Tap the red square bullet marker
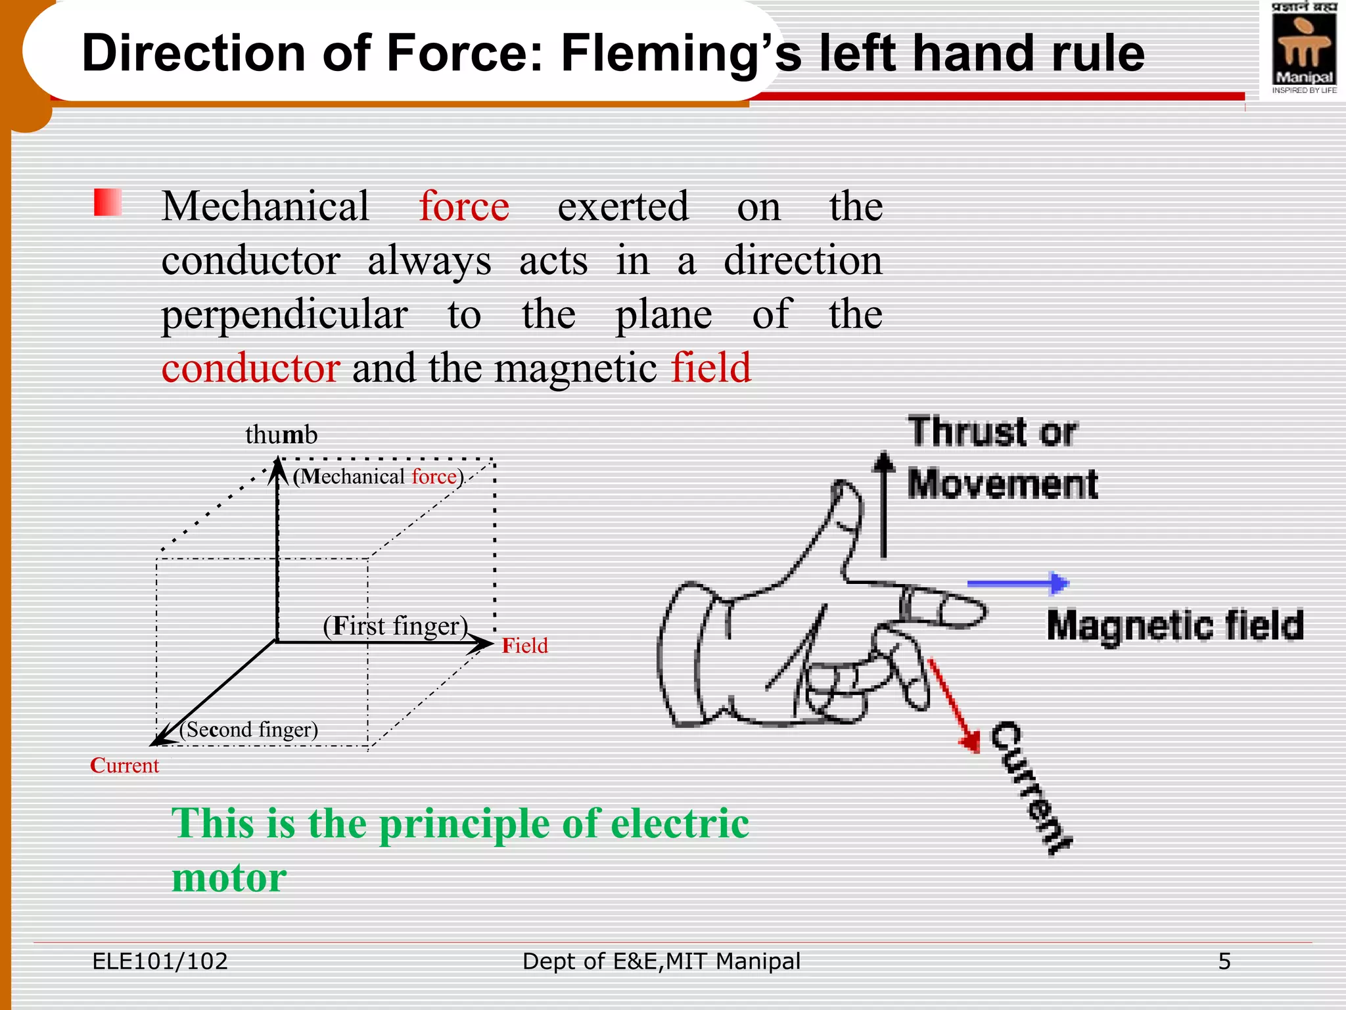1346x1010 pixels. pos(108,202)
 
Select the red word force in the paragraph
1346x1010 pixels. pos(464,206)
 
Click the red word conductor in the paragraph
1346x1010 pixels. pos(250,368)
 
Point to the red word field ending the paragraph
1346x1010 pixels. pos(710,368)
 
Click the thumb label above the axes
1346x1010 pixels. pos(281,435)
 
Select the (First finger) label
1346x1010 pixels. pos(395,625)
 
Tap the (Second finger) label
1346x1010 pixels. pos(249,729)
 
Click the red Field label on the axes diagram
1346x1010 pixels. pos(524,646)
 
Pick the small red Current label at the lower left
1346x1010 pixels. pos(124,765)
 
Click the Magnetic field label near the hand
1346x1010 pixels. pos(1175,625)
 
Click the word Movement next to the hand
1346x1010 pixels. pos(1003,485)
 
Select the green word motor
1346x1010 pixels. pos(229,878)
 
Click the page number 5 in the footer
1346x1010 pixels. pos(1224,961)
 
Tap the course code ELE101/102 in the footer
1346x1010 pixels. pos(160,961)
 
